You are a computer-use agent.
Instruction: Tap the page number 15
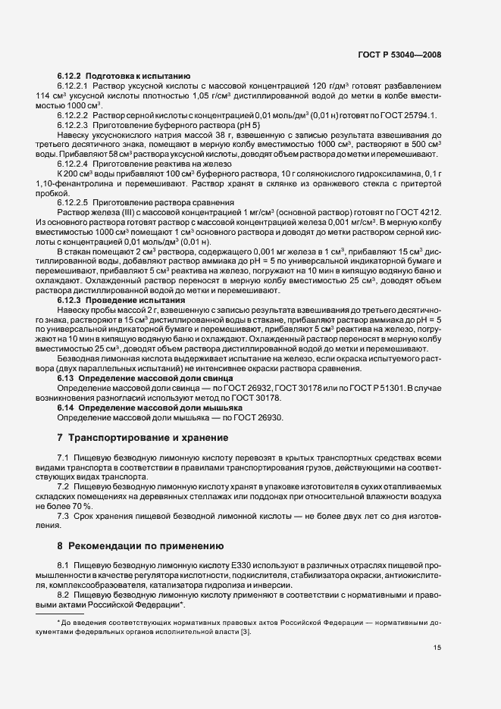(x=437, y=648)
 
